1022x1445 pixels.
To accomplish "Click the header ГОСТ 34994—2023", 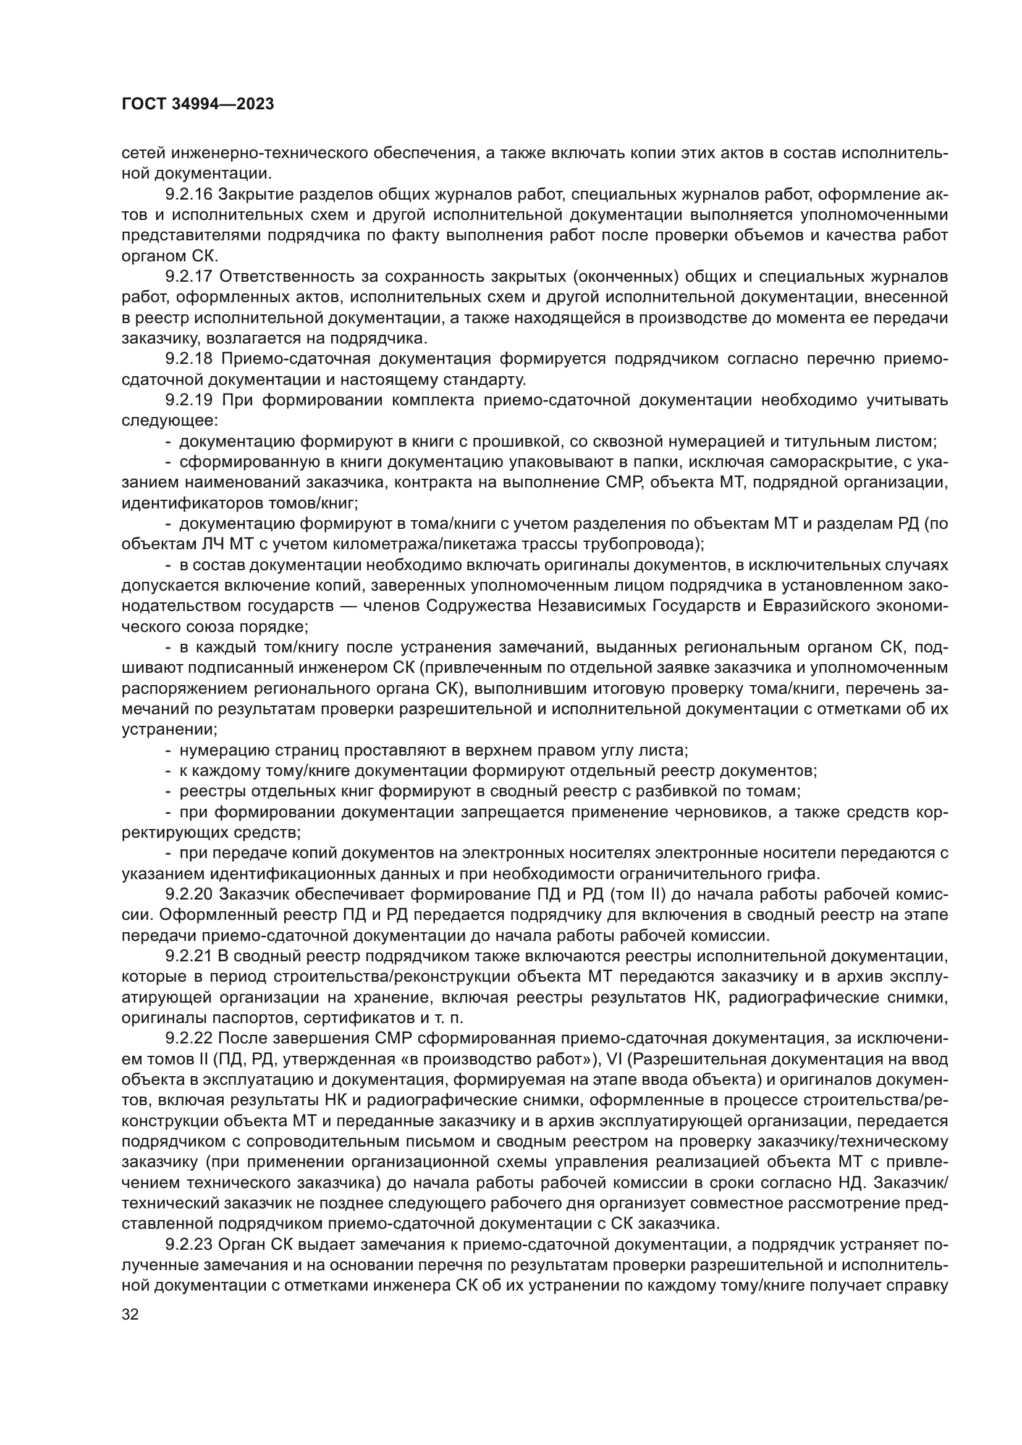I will coord(198,104).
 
